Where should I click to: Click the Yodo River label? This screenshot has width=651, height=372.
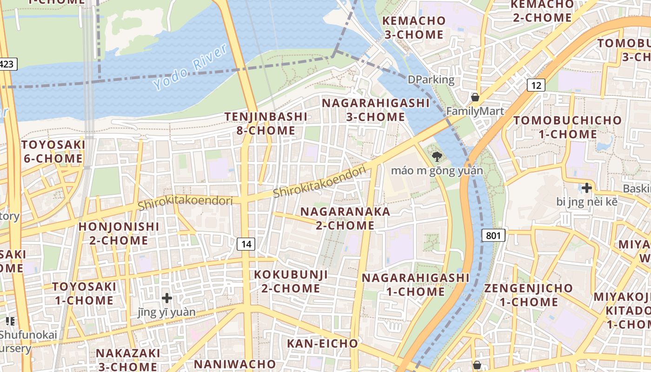[x=190, y=67]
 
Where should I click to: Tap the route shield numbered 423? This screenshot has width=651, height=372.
[x=7, y=64]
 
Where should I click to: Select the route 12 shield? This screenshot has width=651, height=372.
[x=536, y=85]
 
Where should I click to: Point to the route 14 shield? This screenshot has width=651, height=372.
[x=246, y=243]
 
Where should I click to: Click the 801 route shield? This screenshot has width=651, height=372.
[x=493, y=235]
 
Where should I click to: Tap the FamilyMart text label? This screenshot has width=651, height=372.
[x=475, y=111]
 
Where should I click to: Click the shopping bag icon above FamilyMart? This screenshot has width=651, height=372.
[x=475, y=97]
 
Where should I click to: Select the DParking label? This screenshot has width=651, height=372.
[x=431, y=80]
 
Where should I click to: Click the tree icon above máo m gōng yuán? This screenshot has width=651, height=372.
[x=437, y=157]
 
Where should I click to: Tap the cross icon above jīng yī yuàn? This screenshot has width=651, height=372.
[x=166, y=298]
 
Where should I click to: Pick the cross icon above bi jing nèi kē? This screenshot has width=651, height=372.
[x=587, y=188]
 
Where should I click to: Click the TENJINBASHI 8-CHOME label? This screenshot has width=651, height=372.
[x=266, y=123]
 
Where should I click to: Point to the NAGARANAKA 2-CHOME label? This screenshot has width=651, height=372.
[x=345, y=218]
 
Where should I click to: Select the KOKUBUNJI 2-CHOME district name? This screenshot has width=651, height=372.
[x=291, y=281]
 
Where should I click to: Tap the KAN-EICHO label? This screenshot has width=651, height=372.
[x=322, y=344]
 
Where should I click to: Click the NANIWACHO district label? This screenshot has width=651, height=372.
[x=235, y=363]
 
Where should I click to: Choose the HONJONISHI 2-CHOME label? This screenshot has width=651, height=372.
[x=119, y=233]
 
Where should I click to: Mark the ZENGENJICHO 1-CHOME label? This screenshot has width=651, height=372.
[x=529, y=295]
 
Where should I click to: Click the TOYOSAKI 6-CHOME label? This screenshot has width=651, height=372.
[x=53, y=152]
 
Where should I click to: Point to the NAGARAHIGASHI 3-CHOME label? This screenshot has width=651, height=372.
[x=375, y=110]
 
